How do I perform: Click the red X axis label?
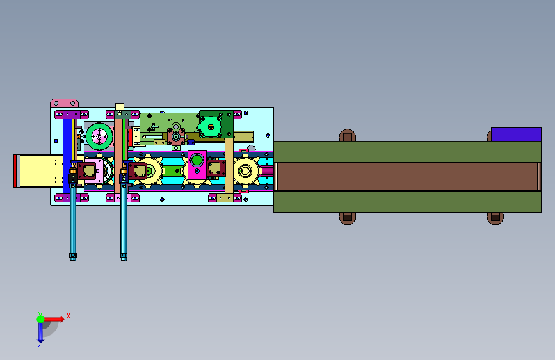click(x=68, y=316)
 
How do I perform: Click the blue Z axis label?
click(x=40, y=344)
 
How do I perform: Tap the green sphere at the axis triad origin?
click(x=41, y=319)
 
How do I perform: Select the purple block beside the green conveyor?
click(x=516, y=135)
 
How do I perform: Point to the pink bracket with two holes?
click(x=65, y=103)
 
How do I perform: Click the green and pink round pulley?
click(x=99, y=136)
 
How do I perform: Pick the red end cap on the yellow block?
click(x=16, y=171)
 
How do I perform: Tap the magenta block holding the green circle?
click(x=197, y=165)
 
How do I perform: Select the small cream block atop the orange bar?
click(x=120, y=107)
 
